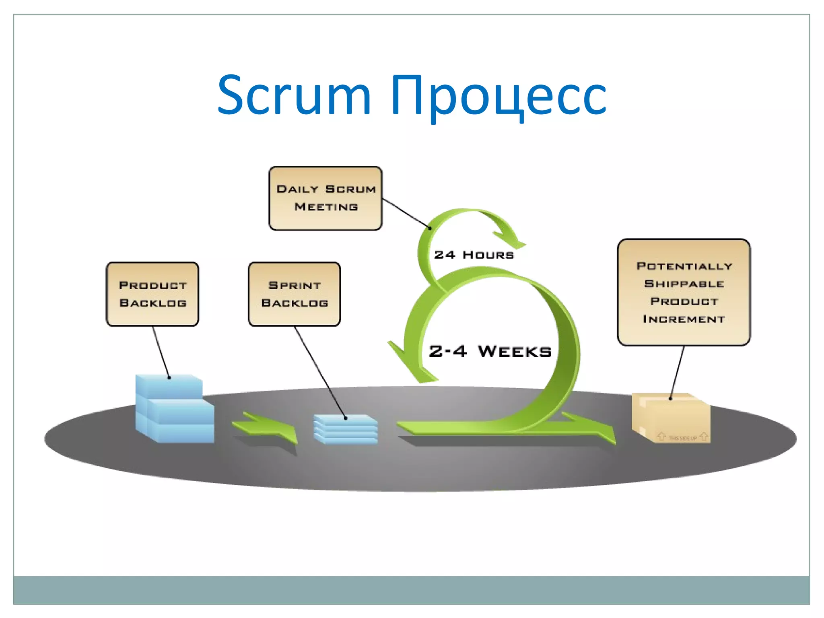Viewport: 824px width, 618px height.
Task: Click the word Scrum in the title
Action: pos(294,96)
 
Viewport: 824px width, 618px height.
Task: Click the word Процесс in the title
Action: pos(498,96)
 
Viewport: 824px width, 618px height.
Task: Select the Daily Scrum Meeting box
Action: pos(325,198)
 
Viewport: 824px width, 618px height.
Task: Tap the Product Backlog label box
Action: pos(152,294)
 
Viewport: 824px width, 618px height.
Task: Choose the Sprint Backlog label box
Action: pos(294,294)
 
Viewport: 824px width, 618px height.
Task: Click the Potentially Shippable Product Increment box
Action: pos(684,293)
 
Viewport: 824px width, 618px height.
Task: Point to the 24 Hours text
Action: pos(474,255)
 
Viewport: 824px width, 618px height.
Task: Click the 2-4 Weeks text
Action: pos(490,351)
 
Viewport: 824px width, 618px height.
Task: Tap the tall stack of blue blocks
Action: pos(174,408)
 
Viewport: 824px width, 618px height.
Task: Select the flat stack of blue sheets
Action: pos(346,430)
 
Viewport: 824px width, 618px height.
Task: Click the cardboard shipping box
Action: pos(671,418)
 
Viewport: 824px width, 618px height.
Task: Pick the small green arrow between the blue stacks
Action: pos(266,427)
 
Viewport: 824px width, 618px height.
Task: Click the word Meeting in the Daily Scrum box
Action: pos(326,207)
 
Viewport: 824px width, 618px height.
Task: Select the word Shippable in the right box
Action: pos(684,284)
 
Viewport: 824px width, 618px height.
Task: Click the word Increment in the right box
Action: pos(684,319)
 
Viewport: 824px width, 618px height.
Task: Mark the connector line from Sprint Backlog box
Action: pos(320,372)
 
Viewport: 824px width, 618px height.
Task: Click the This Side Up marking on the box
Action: pos(682,438)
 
